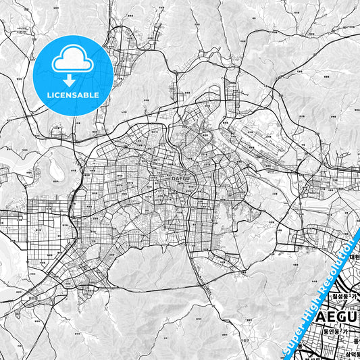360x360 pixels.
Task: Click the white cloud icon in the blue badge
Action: coord(72,61)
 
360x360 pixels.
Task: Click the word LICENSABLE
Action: coord(72,95)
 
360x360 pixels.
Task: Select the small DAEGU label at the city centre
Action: coord(180,178)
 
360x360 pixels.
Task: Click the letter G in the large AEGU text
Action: coord(338,315)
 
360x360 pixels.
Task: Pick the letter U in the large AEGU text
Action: coord(353,315)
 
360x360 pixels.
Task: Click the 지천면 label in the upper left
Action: coord(20,32)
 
